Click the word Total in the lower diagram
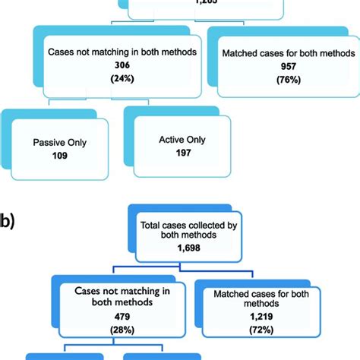[x=152, y=224]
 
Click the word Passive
[x=39, y=142]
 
